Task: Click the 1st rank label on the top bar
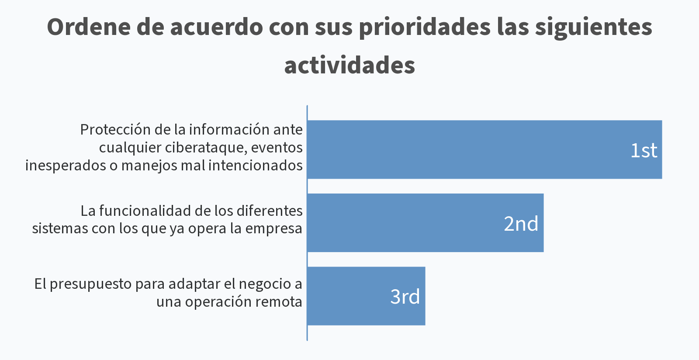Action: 644,150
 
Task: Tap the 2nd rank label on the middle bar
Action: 521,224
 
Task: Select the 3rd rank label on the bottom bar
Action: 405,297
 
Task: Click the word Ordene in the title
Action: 89,27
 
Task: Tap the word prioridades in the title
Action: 425,27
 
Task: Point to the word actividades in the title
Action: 349,66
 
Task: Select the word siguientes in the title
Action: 594,27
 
